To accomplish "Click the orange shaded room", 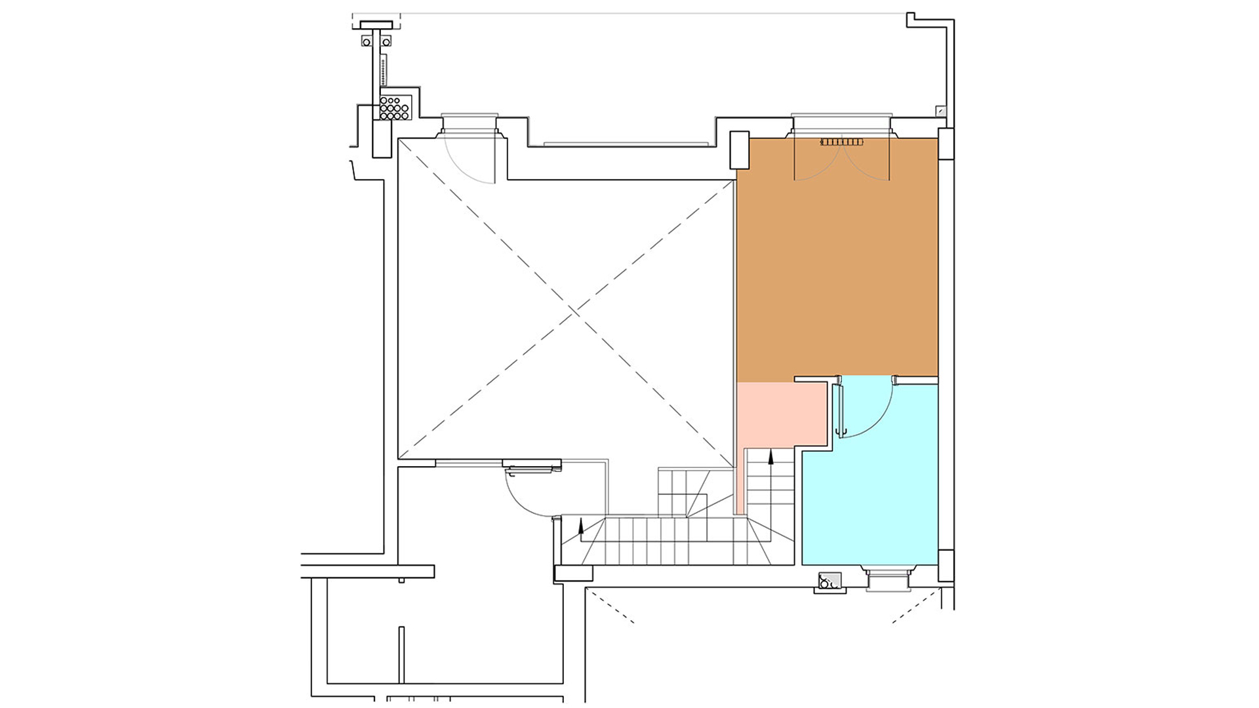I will [837, 262].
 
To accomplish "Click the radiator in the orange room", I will [842, 142].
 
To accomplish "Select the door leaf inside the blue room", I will [837, 410].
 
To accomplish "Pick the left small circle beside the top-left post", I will [366, 42].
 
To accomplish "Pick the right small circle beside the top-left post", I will [387, 42].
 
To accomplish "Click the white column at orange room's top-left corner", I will [739, 149].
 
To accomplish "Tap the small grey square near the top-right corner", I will [941, 111].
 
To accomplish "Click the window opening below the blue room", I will [889, 580].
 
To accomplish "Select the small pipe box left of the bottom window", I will [829, 581].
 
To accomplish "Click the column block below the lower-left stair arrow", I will [574, 574].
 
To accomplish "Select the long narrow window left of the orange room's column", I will [626, 144].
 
